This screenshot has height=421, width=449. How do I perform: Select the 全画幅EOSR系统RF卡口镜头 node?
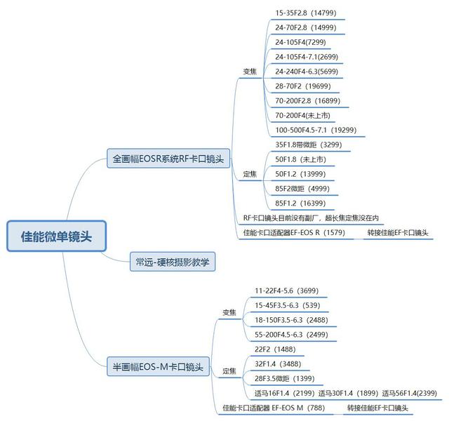pos(168,159)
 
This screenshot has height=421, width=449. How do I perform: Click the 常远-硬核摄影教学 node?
pos(173,263)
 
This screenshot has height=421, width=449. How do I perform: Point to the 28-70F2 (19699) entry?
pos(302,86)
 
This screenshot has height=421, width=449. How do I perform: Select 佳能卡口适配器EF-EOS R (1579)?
pos(294,232)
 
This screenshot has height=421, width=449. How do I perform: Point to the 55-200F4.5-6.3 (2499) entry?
pos(292,333)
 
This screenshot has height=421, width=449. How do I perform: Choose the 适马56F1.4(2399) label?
pos(410,392)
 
